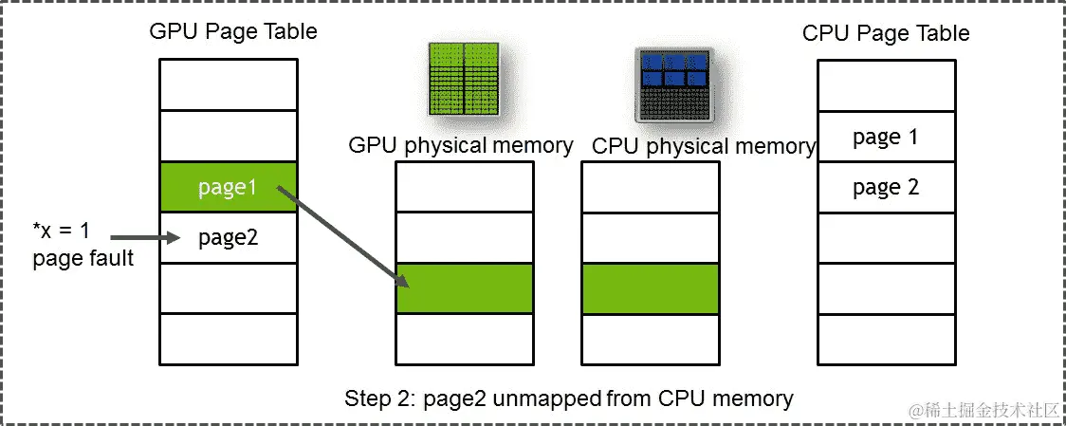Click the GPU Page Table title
click(x=232, y=31)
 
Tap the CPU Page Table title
click(x=886, y=33)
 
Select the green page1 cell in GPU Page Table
click(x=228, y=188)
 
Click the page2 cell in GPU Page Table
click(x=228, y=238)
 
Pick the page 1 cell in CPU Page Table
click(x=886, y=137)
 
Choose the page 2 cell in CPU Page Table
click(x=886, y=187)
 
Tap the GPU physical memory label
click(x=461, y=145)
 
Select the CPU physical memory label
click(x=703, y=146)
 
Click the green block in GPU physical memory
click(x=465, y=288)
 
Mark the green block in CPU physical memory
click(x=650, y=288)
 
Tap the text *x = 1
click(x=63, y=229)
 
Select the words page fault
click(x=83, y=257)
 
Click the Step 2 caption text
click(x=568, y=398)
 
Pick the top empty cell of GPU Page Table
click(x=228, y=85)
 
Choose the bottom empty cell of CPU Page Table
click(x=886, y=340)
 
